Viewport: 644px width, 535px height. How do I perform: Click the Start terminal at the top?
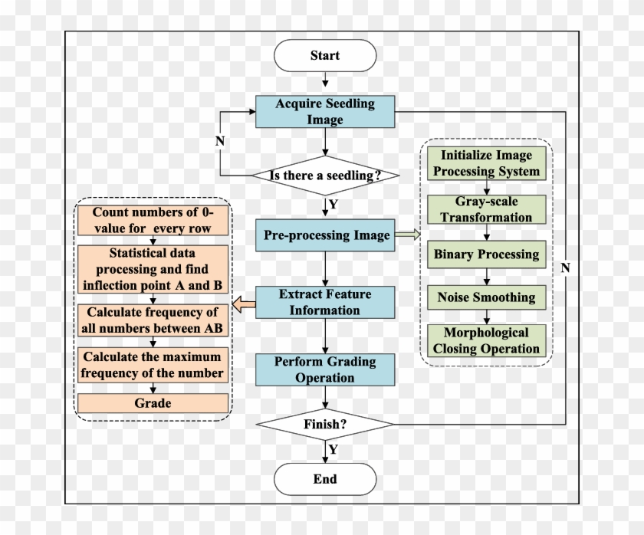325,56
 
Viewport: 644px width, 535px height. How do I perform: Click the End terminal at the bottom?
325,480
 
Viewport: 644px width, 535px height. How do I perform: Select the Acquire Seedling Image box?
325,112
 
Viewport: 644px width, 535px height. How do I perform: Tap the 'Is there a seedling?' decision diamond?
325,176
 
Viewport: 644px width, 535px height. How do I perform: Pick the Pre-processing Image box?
325,235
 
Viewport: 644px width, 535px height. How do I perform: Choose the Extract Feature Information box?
325,302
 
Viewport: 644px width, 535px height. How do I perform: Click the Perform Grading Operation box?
325,369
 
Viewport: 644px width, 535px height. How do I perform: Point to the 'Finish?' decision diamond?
325,423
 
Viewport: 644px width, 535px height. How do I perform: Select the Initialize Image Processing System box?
485,163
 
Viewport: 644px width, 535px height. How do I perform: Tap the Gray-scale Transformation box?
485,209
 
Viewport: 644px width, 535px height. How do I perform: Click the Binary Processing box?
485,254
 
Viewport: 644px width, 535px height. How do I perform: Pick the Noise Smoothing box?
485,297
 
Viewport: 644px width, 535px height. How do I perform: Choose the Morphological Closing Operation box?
485,341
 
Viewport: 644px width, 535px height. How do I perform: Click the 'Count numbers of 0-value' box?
153,221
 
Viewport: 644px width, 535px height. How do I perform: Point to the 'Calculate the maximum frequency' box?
153,366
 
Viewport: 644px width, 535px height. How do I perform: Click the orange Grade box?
153,403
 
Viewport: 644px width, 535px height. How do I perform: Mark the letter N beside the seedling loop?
219,142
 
